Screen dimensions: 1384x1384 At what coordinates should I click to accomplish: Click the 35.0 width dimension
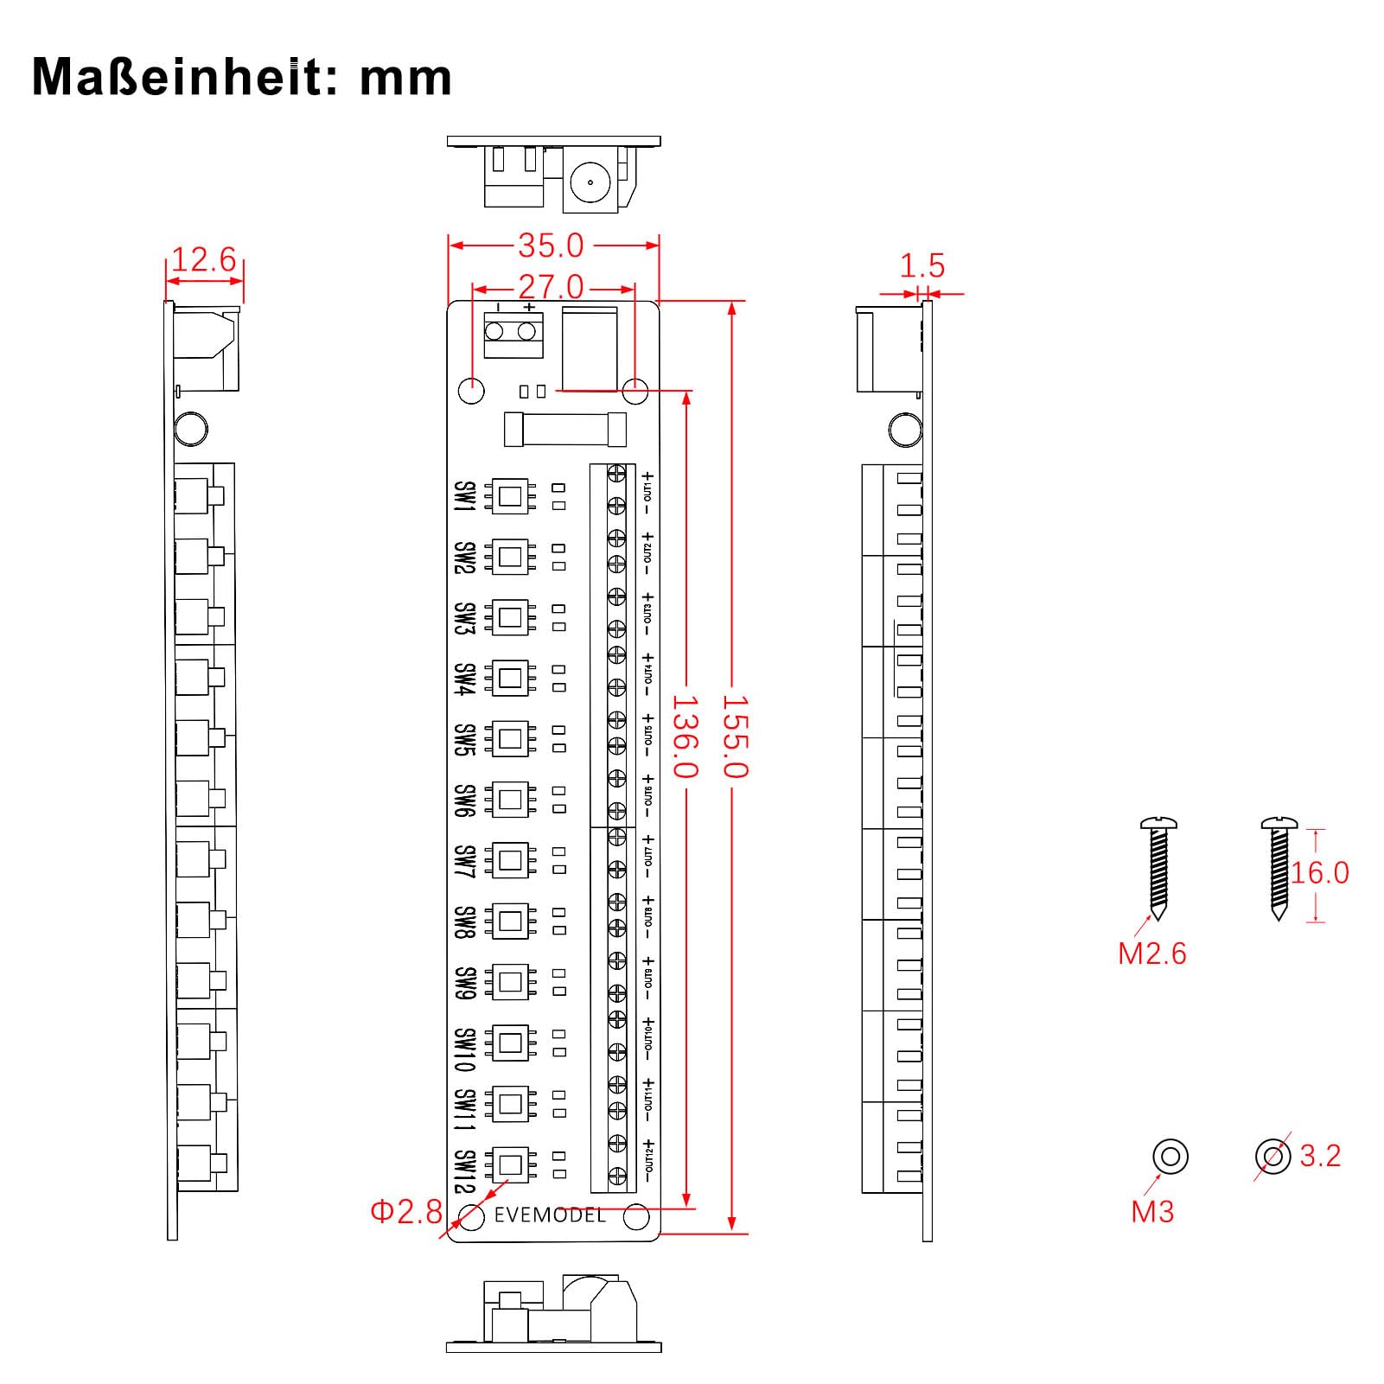point(551,246)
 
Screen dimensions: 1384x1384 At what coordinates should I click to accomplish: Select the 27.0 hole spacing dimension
point(551,287)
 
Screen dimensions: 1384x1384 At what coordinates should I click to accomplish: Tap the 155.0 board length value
point(734,737)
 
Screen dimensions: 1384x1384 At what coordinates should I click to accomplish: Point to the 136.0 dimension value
point(685,737)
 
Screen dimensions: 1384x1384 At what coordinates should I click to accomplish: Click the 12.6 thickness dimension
point(204,259)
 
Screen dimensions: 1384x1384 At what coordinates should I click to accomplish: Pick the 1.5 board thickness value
point(922,265)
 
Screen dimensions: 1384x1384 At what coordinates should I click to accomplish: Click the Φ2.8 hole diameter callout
point(406,1212)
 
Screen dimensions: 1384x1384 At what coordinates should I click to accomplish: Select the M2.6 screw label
point(1152,953)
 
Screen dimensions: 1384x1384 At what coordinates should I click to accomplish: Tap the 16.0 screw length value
point(1320,873)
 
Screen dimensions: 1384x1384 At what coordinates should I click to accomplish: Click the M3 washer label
point(1152,1212)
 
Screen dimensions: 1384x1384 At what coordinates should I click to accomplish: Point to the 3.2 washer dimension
point(1320,1156)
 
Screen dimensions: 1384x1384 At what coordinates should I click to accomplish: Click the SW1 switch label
point(465,496)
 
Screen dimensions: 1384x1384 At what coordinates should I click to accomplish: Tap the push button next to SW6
point(510,800)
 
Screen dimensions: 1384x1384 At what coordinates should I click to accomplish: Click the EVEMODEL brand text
point(550,1215)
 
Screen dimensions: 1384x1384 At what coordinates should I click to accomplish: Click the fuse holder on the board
point(564,430)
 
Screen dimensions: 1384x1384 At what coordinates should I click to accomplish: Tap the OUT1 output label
point(647,493)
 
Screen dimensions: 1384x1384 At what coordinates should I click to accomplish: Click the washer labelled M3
point(1170,1156)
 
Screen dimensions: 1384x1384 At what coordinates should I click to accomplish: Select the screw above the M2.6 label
point(1158,868)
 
